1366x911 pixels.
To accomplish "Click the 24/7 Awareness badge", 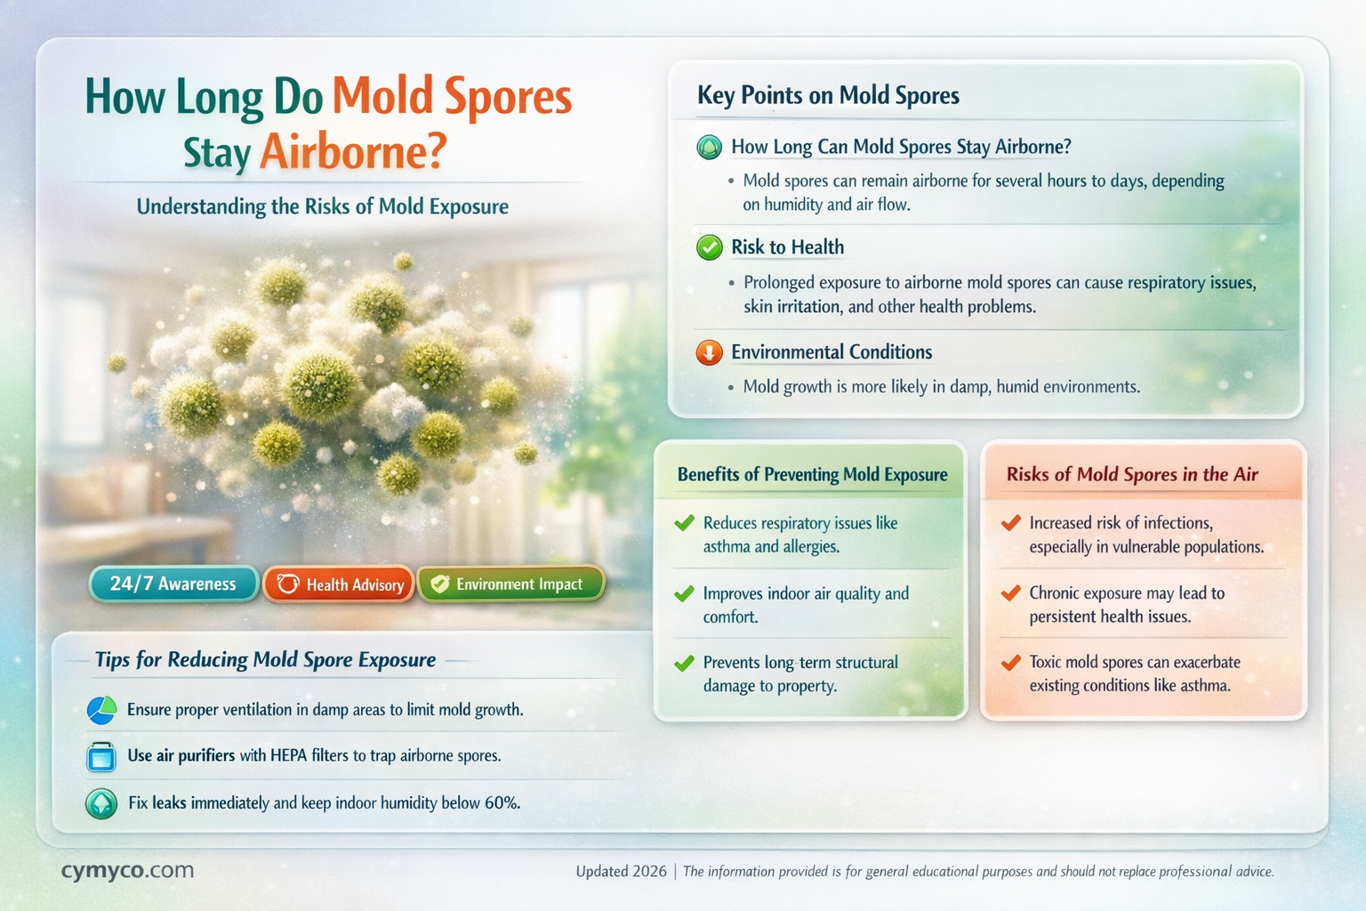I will pyautogui.click(x=173, y=584).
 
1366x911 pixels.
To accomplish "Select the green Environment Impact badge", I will pyautogui.click(x=510, y=584).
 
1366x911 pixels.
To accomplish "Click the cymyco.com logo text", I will pyautogui.click(x=127, y=870).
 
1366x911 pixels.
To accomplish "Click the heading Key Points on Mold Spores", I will pyautogui.click(x=828, y=95).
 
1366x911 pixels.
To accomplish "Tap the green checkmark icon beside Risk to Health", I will pyautogui.click(x=709, y=247).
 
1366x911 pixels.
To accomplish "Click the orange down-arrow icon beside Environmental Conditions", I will pyautogui.click(x=709, y=352).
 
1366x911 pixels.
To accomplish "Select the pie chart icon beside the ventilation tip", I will pyautogui.click(x=101, y=710).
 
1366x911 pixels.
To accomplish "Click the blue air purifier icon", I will pyautogui.click(x=101, y=756).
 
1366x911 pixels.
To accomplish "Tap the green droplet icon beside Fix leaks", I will pyautogui.click(x=101, y=803).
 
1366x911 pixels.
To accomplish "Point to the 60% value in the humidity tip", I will pyautogui.click(x=502, y=802).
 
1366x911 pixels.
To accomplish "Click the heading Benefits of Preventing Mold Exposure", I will pyautogui.click(x=812, y=474).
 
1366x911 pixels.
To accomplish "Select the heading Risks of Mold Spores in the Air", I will pyautogui.click(x=1132, y=474).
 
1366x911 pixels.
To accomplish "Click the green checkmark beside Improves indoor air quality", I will pyautogui.click(x=684, y=593).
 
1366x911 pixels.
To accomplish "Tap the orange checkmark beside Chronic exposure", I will pyautogui.click(x=1010, y=593).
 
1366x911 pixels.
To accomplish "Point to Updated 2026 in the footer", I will pyautogui.click(x=621, y=871).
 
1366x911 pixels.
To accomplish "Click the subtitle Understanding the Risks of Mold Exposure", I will pyautogui.click(x=323, y=206).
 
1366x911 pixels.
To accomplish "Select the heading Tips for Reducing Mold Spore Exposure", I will pyautogui.click(x=265, y=659).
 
